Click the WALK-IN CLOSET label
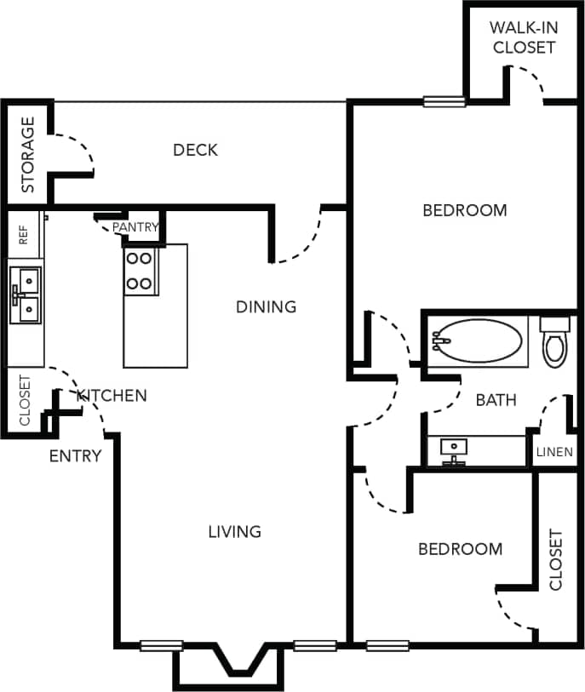[x=522, y=37]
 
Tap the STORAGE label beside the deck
[x=28, y=154]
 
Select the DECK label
[x=195, y=151]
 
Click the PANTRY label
[x=135, y=227]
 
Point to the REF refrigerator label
[x=24, y=235]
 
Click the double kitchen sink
[x=26, y=294]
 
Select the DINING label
[x=266, y=306]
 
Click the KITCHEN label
[x=112, y=396]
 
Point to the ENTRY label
[x=75, y=456]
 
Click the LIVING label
[x=234, y=532]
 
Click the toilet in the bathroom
[x=555, y=342]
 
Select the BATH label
[x=496, y=400]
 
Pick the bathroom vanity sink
[x=455, y=448]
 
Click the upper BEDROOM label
[x=464, y=210]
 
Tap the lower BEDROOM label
[x=460, y=550]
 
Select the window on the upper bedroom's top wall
[x=444, y=102]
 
